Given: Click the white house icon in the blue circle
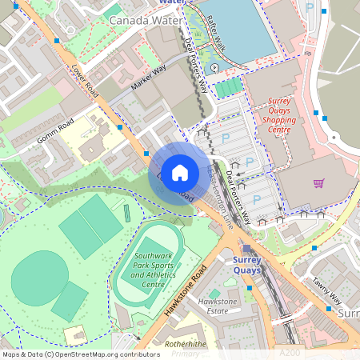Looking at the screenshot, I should point(180,173).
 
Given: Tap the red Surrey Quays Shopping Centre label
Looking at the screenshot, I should point(279,115).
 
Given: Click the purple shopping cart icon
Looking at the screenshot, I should point(319,183).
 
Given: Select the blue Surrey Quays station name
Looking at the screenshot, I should point(253,265).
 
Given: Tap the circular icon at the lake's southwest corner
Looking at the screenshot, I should point(215,68).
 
